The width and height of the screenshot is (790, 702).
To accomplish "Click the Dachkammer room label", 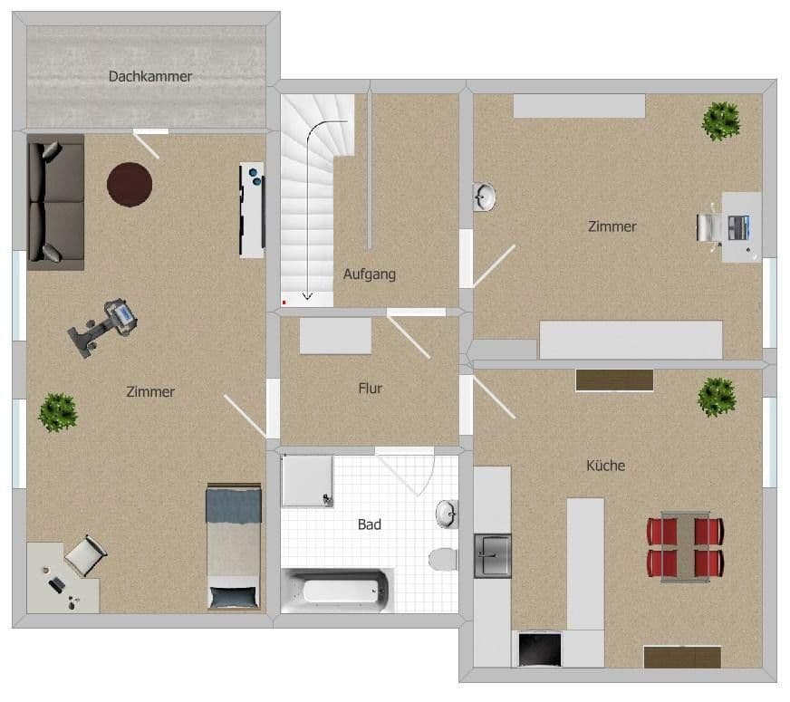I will coord(150,77).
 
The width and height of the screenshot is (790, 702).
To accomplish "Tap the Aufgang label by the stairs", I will coord(370,274).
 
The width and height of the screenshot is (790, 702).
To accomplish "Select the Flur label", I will coord(370,389).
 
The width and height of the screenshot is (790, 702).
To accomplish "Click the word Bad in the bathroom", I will coord(370,524).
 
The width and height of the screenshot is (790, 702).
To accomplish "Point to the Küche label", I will coord(605,466).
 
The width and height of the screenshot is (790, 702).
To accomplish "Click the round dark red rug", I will coord(130,184).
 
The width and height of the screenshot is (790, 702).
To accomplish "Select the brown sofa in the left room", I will coord(56,201).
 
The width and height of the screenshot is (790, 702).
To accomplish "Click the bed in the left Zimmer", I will coord(234,546).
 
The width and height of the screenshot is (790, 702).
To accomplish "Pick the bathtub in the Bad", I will coord(337,591).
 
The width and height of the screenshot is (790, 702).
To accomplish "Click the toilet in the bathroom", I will coord(443,558).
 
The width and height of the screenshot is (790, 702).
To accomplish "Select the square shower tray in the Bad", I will coord(307,480).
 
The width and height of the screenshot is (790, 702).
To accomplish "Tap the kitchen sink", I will coord(493,555).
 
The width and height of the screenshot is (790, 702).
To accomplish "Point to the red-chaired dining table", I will coord(685,545).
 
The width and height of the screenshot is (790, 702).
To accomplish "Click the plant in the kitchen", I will coord(717,396).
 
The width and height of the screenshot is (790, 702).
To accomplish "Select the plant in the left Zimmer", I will coord(58,412).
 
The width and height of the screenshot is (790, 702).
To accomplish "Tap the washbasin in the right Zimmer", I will coord(484,196).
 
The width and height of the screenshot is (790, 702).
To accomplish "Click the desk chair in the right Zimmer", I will coord(710,226).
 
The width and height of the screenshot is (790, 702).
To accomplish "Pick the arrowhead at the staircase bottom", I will coord(307,295).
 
